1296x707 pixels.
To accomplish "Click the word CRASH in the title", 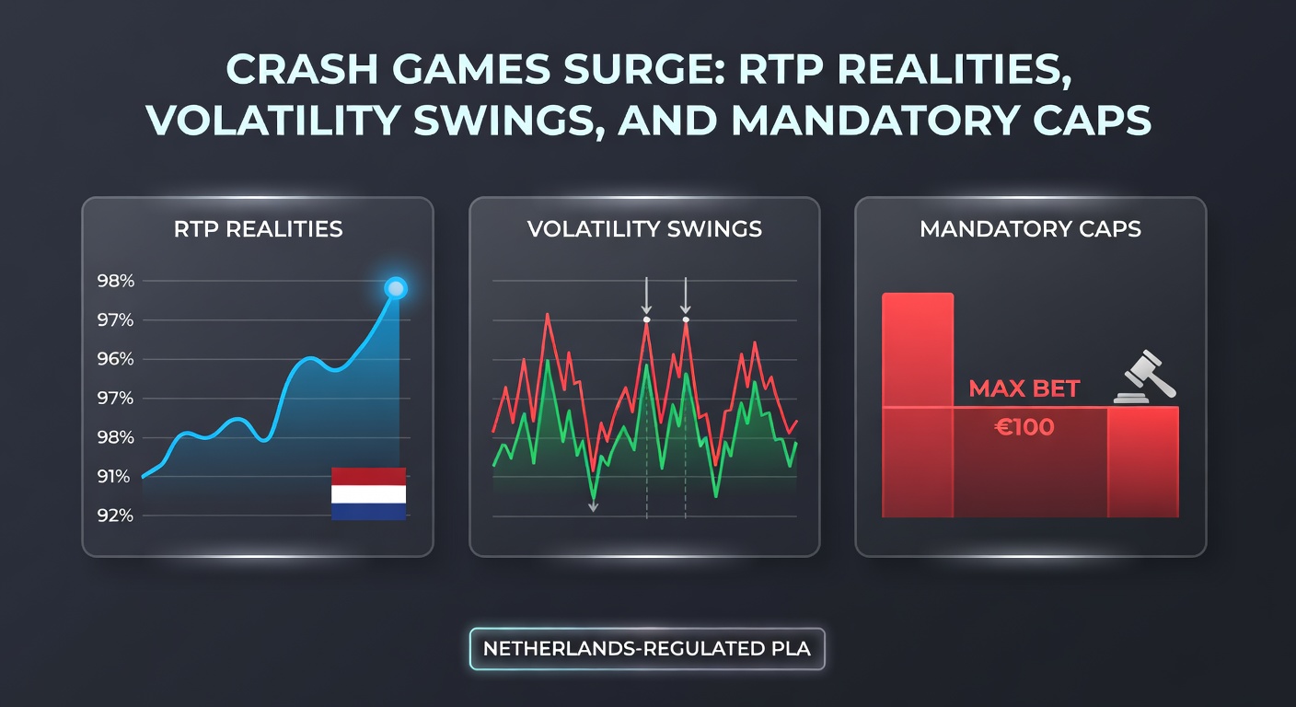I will (x=294, y=71).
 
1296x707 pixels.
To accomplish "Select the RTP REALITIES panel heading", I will (x=258, y=229).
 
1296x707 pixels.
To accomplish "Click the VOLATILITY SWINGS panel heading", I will (x=644, y=229).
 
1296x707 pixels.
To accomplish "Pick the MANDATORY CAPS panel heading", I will (x=1030, y=229).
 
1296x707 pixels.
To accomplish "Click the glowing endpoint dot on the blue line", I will (x=395, y=289).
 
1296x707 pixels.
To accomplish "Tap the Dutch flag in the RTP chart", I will (x=368, y=493).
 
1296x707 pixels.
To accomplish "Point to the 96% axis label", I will (x=116, y=360).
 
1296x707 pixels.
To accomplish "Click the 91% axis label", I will (x=116, y=477).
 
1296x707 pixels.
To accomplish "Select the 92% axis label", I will (x=116, y=516).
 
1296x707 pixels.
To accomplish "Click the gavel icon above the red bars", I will (x=1140, y=377).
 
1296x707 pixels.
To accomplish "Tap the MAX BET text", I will (x=1024, y=389).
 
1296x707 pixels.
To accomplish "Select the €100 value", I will (x=1024, y=427).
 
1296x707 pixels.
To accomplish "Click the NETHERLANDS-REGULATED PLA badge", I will (x=646, y=648).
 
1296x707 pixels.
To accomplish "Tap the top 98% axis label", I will (x=116, y=282).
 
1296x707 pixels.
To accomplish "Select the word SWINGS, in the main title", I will (x=519, y=122).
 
